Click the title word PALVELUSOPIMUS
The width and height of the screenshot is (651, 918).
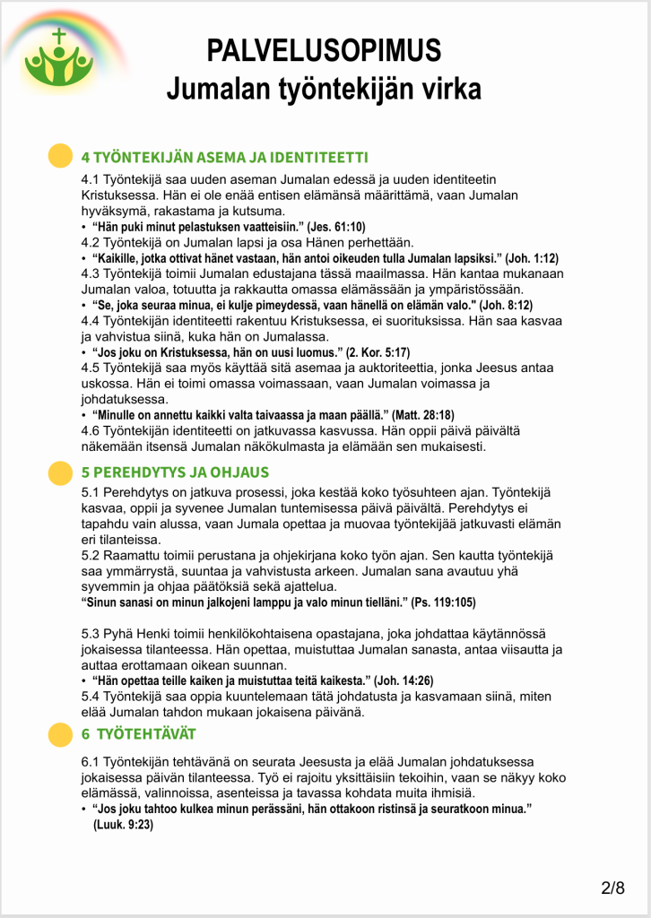(324, 50)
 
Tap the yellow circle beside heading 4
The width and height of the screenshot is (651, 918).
(59, 156)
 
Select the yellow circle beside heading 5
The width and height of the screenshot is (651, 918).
(59, 472)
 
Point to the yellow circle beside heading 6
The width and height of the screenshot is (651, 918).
(59, 734)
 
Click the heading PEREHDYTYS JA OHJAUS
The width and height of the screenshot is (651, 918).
(175, 472)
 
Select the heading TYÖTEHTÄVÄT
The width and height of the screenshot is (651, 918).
(146, 734)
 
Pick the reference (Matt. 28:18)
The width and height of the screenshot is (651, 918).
(422, 415)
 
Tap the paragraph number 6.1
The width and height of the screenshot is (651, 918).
(91, 762)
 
